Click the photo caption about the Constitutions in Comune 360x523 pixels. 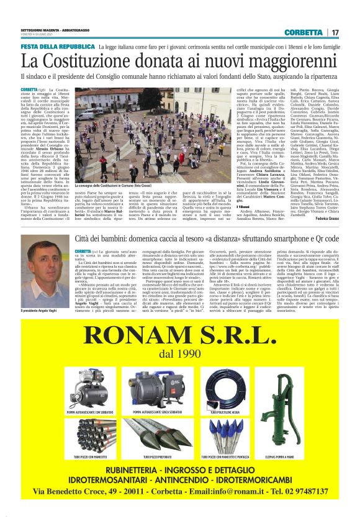(x=106, y=186)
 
